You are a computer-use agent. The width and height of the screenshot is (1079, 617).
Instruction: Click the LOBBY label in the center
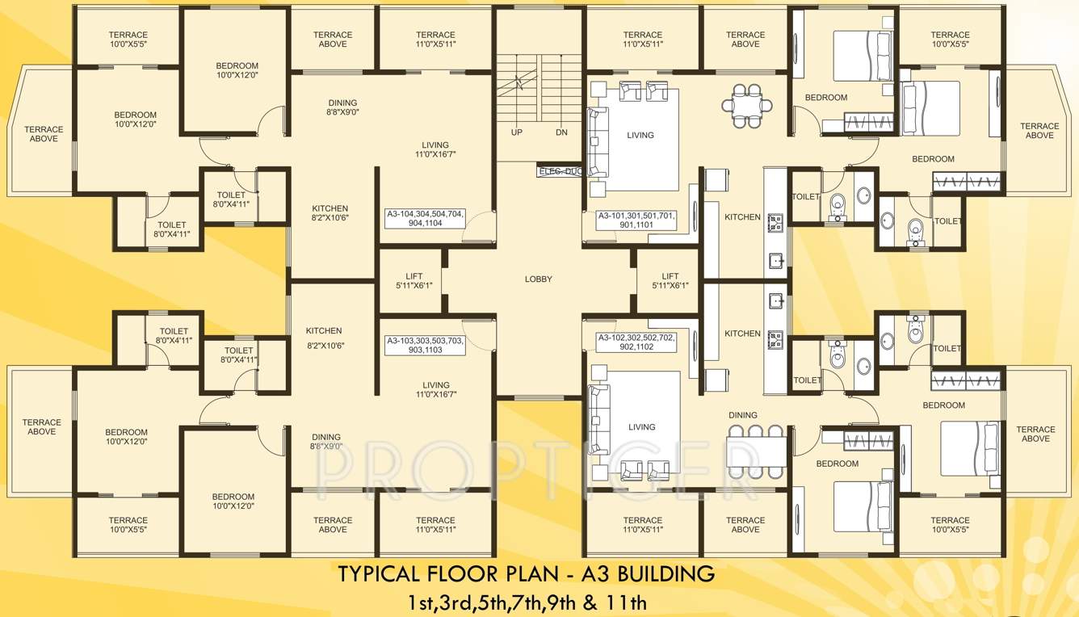coord(539,279)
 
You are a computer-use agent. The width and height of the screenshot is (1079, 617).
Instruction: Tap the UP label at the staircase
coord(515,132)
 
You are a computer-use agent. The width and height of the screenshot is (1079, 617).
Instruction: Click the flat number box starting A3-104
coord(425,220)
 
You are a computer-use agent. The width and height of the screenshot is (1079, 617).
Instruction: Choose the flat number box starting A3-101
coord(636,220)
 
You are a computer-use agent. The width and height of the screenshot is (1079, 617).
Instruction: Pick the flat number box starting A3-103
coord(425,346)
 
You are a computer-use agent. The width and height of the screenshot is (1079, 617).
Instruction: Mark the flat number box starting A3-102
coord(636,342)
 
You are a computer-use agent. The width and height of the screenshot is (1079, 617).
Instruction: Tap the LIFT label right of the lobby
coord(670,281)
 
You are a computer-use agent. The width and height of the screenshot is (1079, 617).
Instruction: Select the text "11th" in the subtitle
coord(627,602)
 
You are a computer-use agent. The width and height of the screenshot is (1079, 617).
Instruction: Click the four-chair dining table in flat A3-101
coord(747,106)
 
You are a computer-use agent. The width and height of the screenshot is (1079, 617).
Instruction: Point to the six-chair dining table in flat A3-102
coord(756,449)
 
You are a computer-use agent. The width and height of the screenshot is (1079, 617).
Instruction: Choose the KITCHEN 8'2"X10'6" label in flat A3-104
coord(330,213)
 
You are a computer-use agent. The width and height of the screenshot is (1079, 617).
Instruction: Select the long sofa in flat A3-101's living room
coord(597,141)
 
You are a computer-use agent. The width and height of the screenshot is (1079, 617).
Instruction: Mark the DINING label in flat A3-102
coord(743,415)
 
